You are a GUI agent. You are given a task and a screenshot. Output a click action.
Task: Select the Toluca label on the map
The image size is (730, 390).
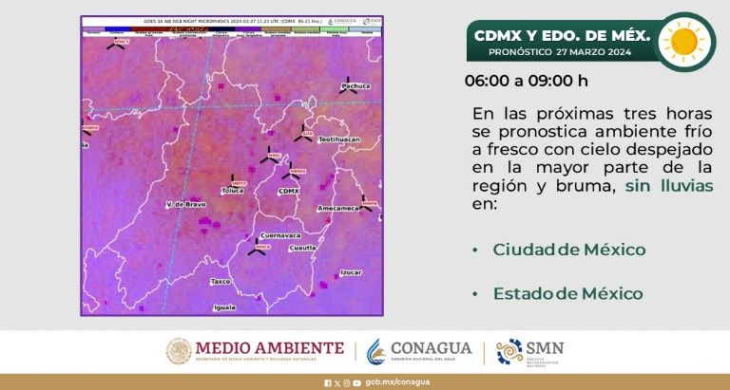tap(233, 191)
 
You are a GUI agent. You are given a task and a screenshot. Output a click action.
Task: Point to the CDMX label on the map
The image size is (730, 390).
tap(288, 191)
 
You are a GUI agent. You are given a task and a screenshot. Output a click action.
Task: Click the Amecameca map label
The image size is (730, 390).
tap(336, 207)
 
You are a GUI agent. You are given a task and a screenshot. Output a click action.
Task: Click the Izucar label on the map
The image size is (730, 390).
tap(351, 272)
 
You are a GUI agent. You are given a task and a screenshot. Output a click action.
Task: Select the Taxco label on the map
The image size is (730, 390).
tap(221, 281)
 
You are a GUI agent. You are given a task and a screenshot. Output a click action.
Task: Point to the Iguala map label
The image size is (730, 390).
tap(224, 307)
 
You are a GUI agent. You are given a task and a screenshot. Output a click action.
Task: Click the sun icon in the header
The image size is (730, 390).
tap(684, 41)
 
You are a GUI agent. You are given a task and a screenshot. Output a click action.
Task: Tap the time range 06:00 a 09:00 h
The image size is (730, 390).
tap(526, 80)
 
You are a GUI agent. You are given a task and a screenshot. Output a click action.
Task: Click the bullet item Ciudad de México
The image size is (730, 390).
tap(568, 250)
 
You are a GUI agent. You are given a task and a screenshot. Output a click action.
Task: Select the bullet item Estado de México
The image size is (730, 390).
tap(567, 294)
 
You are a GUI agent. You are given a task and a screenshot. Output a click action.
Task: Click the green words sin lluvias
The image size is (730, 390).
tap(669, 186)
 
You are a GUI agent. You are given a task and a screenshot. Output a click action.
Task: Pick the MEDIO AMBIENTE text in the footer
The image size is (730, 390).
tap(268, 348)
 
